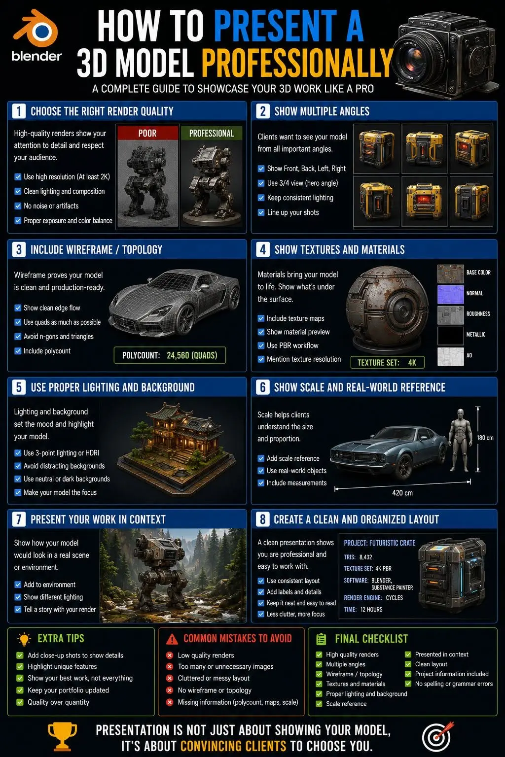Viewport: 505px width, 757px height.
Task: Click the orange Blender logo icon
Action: click(36, 29)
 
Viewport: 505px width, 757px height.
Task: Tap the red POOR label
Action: click(147, 133)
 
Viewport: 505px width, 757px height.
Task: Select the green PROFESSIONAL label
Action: click(212, 133)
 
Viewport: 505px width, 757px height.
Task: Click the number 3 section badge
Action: click(19, 250)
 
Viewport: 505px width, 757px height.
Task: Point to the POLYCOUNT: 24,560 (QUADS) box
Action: click(170, 355)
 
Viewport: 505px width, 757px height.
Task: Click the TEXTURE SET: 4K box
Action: click(387, 363)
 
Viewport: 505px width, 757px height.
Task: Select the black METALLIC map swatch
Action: click(451, 335)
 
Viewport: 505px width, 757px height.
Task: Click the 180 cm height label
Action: click(485, 438)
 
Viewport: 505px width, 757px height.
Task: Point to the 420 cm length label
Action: click(402, 493)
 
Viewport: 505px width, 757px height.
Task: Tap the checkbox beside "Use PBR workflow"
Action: click(261, 345)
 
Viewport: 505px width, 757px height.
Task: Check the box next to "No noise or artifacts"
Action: click(18, 206)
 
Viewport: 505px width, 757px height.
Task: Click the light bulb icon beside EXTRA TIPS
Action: click(24, 639)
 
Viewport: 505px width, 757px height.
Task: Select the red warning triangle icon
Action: click(172, 639)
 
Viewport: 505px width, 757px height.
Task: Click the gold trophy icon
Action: click(63, 736)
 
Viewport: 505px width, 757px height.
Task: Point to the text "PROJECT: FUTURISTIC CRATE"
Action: click(380, 543)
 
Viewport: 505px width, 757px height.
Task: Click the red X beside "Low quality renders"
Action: click(170, 655)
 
